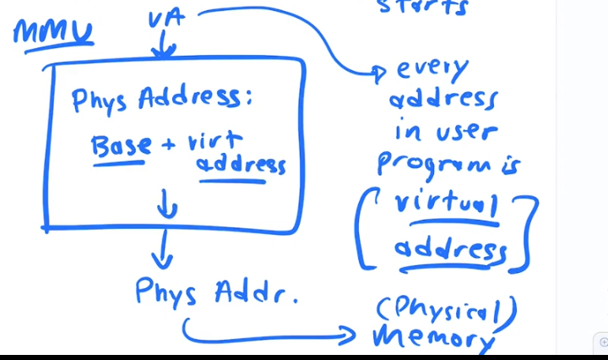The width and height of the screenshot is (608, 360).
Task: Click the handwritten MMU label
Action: pyautogui.click(x=52, y=34)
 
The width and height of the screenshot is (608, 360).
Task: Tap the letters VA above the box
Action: pyautogui.click(x=166, y=19)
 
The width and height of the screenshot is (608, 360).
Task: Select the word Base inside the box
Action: pyautogui.click(x=122, y=145)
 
